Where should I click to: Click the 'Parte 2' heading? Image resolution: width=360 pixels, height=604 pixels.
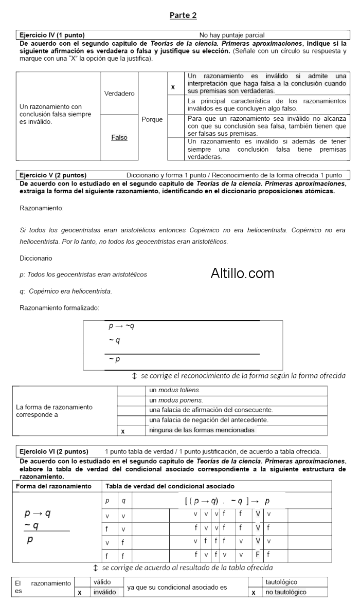pos(183,15)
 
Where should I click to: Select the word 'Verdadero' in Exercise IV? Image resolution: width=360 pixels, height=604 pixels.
pos(119,94)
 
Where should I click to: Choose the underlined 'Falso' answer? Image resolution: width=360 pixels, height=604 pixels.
pos(119,137)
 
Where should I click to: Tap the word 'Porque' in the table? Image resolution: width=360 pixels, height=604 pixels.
pos(152,120)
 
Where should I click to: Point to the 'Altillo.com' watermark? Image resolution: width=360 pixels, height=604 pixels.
pos(242,273)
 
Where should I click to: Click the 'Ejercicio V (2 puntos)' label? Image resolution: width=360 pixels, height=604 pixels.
pos(52,175)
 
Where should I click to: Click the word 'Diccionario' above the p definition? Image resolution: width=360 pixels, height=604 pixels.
pos(35,258)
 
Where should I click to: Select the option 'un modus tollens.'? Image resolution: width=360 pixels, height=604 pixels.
pos(174,390)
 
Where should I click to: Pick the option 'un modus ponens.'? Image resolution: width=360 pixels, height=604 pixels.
pos(175,400)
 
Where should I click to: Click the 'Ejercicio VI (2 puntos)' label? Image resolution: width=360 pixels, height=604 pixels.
pos(53,451)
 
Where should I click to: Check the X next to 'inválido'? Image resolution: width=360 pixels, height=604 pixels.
pos(80,592)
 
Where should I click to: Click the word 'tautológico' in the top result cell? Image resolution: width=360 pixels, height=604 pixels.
pos(281,582)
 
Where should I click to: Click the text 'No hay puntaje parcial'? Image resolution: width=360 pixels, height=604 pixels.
pos(232,35)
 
